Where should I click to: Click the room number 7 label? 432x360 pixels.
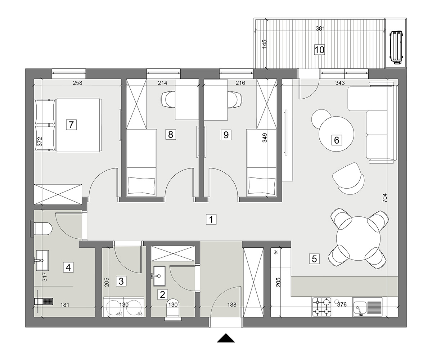click(71, 125)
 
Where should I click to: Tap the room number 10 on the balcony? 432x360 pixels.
click(319, 50)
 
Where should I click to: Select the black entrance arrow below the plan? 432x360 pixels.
click(226, 338)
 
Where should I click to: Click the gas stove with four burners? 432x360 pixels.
click(322, 307)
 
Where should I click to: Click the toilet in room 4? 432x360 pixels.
click(42, 229)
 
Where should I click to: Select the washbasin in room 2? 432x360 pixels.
click(159, 276)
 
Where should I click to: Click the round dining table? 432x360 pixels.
click(359, 240)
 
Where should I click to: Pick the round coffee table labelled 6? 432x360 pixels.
click(336, 134)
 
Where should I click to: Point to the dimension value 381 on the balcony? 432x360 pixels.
click(320, 28)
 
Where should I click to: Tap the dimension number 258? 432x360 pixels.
click(78, 83)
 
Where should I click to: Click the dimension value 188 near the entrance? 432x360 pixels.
click(232, 305)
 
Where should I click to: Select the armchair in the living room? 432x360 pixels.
click(348, 178)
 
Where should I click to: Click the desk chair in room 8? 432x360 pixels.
click(168, 99)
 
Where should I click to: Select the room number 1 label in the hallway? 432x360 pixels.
click(211, 219)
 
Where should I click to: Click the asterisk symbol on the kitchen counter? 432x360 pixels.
click(275, 252)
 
